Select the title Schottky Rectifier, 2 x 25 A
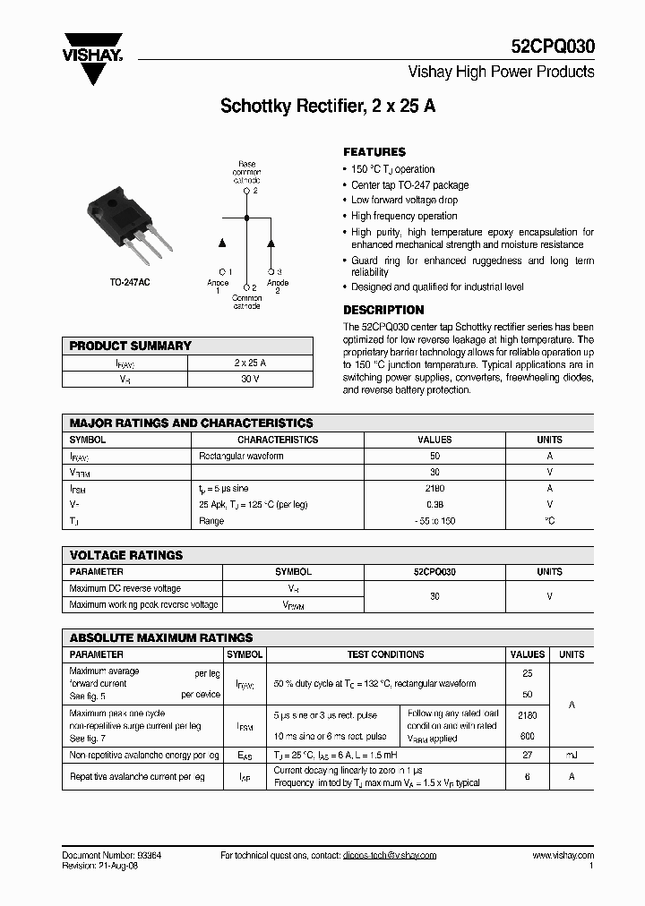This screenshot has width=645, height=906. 328,106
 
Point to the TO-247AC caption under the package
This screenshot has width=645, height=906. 129,282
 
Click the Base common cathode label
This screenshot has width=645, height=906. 246,172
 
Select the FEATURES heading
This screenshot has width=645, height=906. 374,152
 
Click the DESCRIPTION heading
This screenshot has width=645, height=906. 383,310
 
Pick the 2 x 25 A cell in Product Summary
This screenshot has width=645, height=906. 250,363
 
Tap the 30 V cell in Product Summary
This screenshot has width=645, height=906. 250,379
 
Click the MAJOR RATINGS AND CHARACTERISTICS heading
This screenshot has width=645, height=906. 191,423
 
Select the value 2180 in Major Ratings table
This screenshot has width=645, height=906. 435,489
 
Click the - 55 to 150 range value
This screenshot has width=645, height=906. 435,521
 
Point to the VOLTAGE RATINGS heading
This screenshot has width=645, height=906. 125,555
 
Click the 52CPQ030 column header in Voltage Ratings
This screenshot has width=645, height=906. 434,571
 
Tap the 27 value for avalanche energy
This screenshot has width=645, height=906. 527,756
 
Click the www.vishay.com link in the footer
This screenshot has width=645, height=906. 563,856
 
